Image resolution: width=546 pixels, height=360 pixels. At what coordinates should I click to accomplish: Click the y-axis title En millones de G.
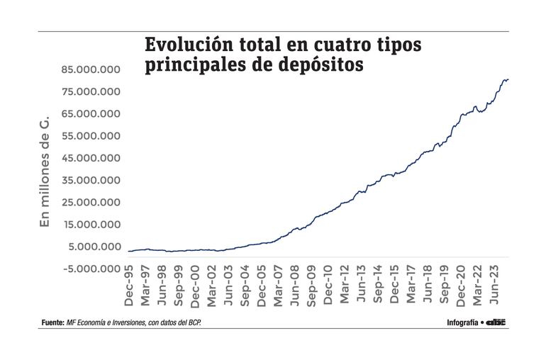44,174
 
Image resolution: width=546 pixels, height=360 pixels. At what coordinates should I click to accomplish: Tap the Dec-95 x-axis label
129,291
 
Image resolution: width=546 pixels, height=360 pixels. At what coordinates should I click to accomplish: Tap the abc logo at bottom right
496,322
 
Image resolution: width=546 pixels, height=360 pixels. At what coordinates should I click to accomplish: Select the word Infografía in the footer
462,322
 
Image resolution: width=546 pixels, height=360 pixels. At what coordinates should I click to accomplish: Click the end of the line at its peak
508,79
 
